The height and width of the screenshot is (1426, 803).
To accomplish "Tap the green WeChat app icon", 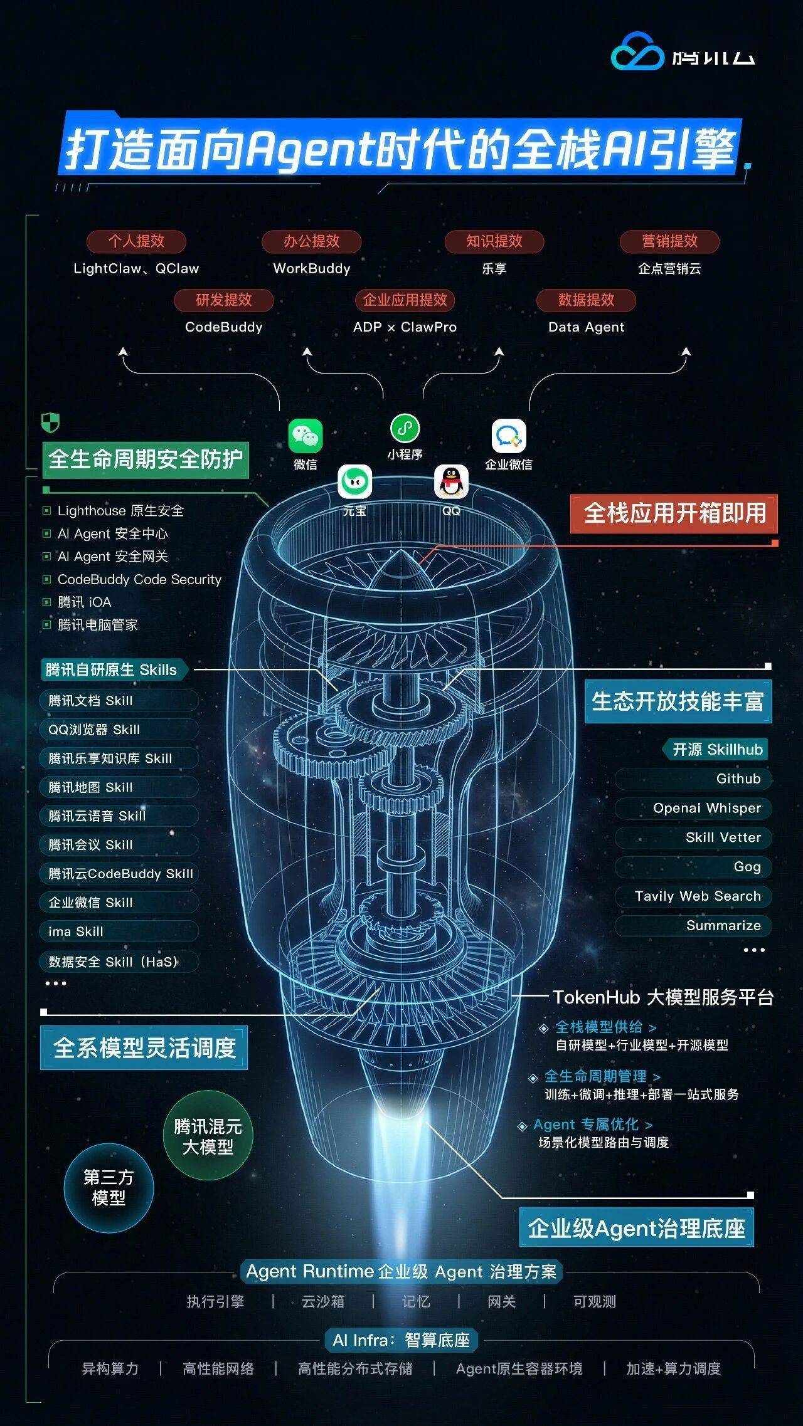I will (x=306, y=436).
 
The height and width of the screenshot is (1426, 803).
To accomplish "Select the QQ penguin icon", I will (x=451, y=483).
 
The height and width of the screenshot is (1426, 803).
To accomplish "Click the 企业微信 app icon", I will (x=508, y=436).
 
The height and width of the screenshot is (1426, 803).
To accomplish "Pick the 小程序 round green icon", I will (x=405, y=429).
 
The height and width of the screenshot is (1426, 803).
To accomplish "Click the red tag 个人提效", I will (x=136, y=241).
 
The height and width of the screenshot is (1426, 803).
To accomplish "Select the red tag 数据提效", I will (x=586, y=300).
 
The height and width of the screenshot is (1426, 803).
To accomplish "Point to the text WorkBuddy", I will (x=312, y=269).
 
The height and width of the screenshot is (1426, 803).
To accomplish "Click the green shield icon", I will (x=50, y=422).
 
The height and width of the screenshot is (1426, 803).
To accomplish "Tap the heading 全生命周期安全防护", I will (x=146, y=459).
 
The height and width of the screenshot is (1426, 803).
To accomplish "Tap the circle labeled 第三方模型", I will (x=109, y=1188).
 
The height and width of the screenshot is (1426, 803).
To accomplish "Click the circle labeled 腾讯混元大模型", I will (x=208, y=1136).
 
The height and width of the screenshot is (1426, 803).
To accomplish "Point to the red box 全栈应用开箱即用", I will (x=674, y=513).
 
